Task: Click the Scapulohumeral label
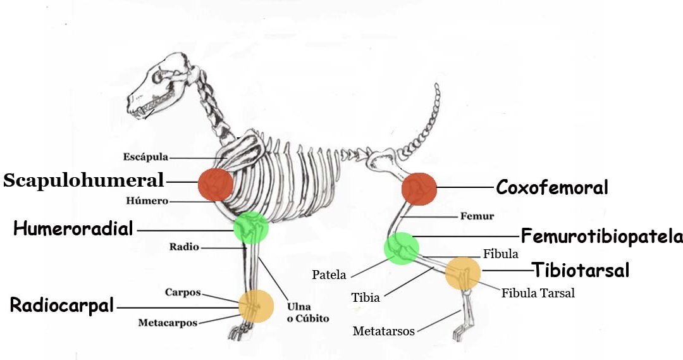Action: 83,180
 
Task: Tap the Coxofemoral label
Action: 551,187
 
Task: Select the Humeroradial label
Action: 73,228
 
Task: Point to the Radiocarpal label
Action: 62,306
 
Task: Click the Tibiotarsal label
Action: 581,270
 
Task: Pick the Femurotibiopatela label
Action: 601,237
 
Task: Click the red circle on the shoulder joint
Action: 216,184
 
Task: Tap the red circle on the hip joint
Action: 419,188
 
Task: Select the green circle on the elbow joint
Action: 251,228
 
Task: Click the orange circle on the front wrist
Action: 256,306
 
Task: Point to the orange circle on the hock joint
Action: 463,273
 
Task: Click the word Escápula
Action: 145,157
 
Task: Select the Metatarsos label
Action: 383,331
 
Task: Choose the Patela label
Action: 329,275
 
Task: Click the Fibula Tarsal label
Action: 538,293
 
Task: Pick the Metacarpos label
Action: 168,323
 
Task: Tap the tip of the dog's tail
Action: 436,85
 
